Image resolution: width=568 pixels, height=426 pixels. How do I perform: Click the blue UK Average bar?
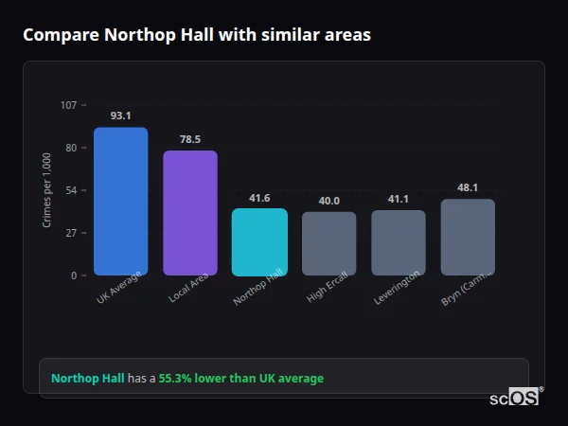(120, 202)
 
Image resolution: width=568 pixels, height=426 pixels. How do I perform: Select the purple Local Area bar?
(189, 213)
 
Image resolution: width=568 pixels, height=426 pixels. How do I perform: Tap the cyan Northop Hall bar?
(259, 242)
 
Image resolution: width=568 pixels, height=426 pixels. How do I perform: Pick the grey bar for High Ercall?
(328, 243)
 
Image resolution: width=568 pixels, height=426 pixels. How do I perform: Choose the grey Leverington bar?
(398, 242)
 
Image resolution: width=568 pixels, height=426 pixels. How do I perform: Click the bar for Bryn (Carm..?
(468, 237)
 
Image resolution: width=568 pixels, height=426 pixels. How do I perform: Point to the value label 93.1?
(120, 115)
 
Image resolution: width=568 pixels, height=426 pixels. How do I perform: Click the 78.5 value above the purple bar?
(189, 139)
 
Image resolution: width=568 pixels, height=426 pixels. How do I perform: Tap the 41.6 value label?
(259, 198)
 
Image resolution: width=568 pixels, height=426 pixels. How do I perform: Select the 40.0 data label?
(328, 201)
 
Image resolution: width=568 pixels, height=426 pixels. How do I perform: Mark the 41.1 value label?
(398, 199)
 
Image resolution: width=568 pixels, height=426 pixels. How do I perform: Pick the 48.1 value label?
(468, 187)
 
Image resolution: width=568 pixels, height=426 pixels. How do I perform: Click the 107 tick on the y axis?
(68, 105)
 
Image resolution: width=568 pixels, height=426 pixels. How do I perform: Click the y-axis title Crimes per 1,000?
(47, 189)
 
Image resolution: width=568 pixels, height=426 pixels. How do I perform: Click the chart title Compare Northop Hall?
(197, 35)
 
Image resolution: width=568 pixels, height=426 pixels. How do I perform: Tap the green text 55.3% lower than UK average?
(240, 379)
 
